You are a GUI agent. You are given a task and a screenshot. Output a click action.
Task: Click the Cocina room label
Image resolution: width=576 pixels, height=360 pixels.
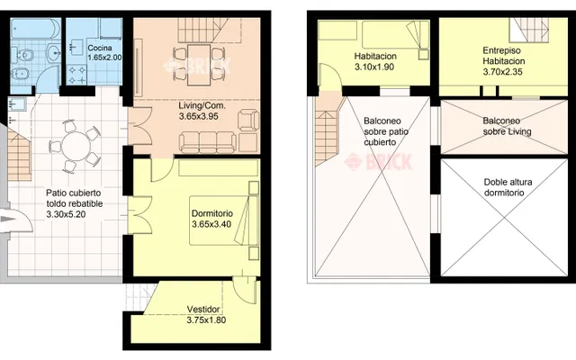100,48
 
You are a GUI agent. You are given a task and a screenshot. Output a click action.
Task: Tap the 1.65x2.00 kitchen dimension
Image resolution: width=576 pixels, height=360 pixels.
104,58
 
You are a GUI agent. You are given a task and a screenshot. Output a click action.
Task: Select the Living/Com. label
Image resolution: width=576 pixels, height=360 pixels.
202,106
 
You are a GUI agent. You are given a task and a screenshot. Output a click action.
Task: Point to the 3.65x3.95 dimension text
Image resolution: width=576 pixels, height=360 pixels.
198,116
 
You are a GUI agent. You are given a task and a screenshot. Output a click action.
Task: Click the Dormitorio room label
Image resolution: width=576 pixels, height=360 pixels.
212,213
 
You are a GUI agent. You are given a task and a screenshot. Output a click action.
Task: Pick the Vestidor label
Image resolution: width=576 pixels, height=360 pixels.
203,310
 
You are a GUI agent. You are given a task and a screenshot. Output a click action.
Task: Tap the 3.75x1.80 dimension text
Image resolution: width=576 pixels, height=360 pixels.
206,320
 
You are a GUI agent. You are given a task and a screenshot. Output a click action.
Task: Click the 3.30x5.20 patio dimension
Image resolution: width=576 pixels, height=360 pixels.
66,214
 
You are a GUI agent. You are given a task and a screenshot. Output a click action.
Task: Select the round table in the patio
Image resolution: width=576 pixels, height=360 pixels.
76,147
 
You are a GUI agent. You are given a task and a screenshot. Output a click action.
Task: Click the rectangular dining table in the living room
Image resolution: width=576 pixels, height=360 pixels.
199,65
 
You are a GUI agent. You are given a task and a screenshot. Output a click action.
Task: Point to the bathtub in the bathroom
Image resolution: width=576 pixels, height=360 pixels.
35,29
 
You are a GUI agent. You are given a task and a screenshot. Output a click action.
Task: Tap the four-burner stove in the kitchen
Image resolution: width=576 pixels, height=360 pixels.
76,75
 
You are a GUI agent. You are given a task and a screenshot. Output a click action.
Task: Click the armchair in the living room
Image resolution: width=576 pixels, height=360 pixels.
248,120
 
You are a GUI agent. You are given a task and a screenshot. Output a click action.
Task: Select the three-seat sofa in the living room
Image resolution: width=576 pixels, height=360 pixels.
208,142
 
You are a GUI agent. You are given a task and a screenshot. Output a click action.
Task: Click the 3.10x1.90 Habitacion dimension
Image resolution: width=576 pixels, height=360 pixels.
374,67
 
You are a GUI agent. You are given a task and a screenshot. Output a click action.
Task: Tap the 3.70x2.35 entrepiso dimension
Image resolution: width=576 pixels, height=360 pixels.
502,72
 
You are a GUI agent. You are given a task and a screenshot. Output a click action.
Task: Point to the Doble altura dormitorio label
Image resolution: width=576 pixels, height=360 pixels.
508,187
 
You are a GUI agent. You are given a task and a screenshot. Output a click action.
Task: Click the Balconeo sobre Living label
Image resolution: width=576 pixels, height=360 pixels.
507,126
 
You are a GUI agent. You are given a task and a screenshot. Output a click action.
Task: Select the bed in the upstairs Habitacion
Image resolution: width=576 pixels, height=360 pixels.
396,35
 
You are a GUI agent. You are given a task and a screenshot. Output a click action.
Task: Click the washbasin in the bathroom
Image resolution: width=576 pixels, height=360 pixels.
54,52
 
